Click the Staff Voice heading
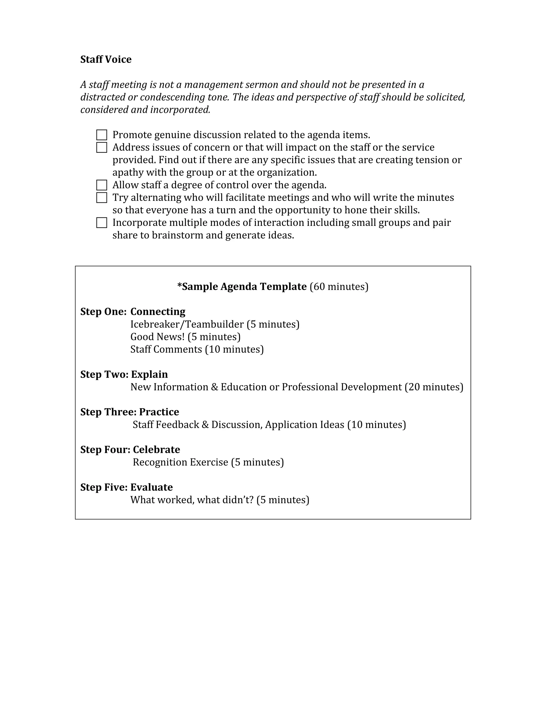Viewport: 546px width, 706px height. click(106, 59)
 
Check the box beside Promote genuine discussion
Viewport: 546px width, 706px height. click(102, 135)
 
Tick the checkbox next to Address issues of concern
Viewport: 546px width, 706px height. click(102, 147)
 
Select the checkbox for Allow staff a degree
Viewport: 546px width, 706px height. click(102, 185)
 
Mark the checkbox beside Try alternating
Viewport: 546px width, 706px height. click(102, 197)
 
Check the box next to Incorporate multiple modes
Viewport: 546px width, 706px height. click(102, 223)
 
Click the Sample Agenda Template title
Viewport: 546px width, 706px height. click(242, 287)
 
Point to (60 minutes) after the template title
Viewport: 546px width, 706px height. click(339, 287)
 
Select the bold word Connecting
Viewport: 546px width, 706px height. click(158, 312)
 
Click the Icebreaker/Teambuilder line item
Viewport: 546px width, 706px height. click(187, 324)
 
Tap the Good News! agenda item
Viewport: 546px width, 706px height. click(157, 337)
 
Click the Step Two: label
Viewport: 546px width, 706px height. click(104, 374)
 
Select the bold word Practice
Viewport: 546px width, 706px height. click(159, 412)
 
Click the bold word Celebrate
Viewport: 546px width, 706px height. click(156, 450)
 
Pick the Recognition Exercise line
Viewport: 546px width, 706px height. click(180, 462)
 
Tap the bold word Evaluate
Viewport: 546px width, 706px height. click(151, 487)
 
